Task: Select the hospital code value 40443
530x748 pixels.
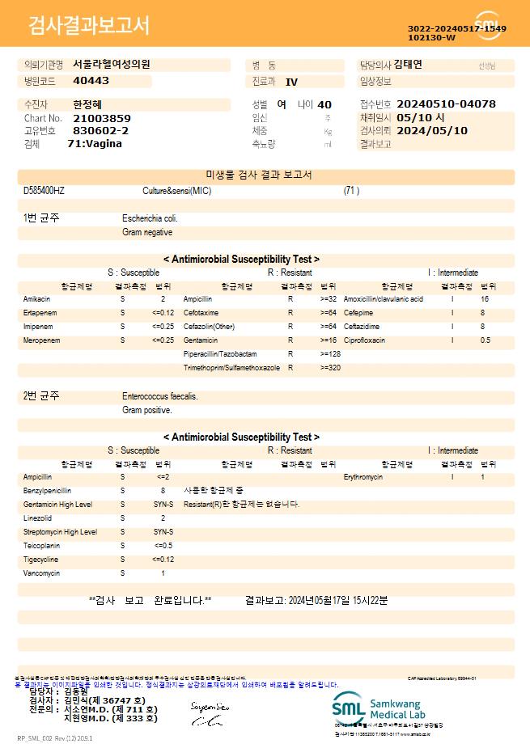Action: [x=91, y=81]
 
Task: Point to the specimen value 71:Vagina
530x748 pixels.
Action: [x=95, y=143]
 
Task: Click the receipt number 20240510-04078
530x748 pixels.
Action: [x=447, y=104]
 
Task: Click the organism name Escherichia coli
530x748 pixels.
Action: [x=151, y=218]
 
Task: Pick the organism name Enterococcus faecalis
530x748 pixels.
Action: [x=160, y=397]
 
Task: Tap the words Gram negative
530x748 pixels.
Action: [x=147, y=232]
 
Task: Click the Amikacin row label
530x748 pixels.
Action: [x=37, y=299]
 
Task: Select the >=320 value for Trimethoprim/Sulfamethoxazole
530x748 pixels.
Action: [x=329, y=368]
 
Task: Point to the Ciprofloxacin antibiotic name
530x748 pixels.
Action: [x=364, y=340]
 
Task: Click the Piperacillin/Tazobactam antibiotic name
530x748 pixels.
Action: [x=220, y=354]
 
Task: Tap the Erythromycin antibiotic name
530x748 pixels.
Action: [x=363, y=477]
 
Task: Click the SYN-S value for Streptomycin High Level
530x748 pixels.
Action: [x=163, y=532]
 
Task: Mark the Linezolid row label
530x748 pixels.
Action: [x=38, y=518]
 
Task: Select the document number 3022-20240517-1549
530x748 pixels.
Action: [x=457, y=28]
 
